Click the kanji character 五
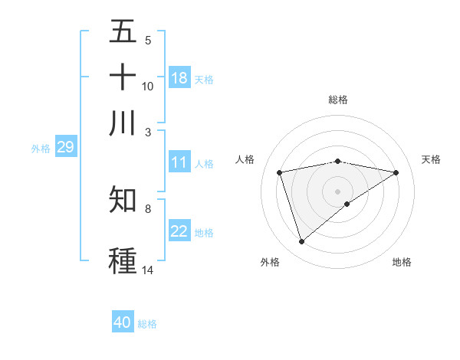coord(123,33)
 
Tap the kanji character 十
coord(123,77)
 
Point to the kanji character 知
coord(123,199)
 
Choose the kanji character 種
coord(123,260)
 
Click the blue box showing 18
coord(179,77)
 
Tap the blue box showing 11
coord(179,162)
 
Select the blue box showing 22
coord(179,232)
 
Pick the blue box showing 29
coord(65,147)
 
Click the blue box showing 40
coord(123,322)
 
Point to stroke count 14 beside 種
coord(148,270)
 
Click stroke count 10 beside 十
coord(148,87)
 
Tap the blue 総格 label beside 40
coord(147,324)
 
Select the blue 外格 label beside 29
coord(41,149)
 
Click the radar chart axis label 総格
coord(338,100)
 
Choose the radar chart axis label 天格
coord(431,159)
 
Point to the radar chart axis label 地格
coord(402,262)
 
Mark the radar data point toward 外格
coord(301,242)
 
